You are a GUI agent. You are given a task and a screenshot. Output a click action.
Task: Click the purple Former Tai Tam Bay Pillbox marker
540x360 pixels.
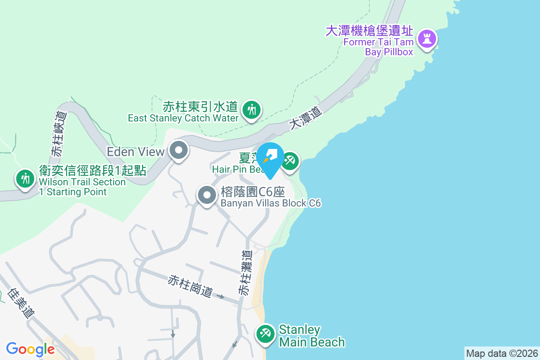point(427,38)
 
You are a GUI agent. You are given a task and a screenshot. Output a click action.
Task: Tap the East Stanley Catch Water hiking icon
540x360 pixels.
point(251,109)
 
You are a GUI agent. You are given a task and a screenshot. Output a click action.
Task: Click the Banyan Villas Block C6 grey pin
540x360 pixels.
point(207,195)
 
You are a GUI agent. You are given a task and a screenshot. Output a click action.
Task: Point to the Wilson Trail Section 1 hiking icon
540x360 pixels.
point(25,179)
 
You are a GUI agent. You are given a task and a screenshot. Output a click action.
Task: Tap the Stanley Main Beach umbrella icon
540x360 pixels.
point(265,334)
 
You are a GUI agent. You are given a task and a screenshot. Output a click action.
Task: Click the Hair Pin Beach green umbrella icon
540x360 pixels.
point(290,161)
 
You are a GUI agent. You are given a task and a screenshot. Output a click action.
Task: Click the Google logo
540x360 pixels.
point(31,349)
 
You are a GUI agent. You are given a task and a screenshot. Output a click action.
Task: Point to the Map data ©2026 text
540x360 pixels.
point(502,353)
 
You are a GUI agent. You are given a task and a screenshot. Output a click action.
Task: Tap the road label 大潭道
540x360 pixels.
point(306,118)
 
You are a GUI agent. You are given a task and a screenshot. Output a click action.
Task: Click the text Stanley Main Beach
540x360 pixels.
point(311,336)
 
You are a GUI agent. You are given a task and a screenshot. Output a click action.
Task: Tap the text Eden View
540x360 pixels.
point(135,152)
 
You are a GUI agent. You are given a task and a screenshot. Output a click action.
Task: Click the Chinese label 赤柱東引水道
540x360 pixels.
point(200,107)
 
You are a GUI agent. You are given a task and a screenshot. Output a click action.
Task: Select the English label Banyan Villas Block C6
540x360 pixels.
point(270,203)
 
